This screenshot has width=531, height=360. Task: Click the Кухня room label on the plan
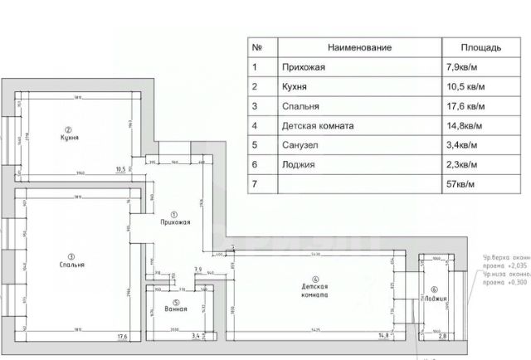70,138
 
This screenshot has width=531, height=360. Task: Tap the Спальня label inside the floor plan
71,265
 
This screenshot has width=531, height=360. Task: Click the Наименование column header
360,48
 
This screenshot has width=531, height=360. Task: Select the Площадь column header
480,48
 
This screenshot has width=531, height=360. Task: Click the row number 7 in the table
254,183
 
